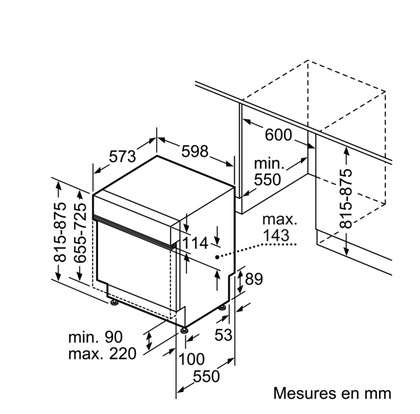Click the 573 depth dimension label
122,157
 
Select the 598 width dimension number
194,151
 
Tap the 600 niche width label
278,135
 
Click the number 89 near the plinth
253,279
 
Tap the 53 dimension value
223,335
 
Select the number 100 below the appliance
191,359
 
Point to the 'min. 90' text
95,337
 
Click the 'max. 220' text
101,354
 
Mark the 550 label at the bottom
206,376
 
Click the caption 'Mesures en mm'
331,392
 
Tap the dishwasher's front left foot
112,303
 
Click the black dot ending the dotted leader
217,256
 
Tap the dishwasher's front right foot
185,331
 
